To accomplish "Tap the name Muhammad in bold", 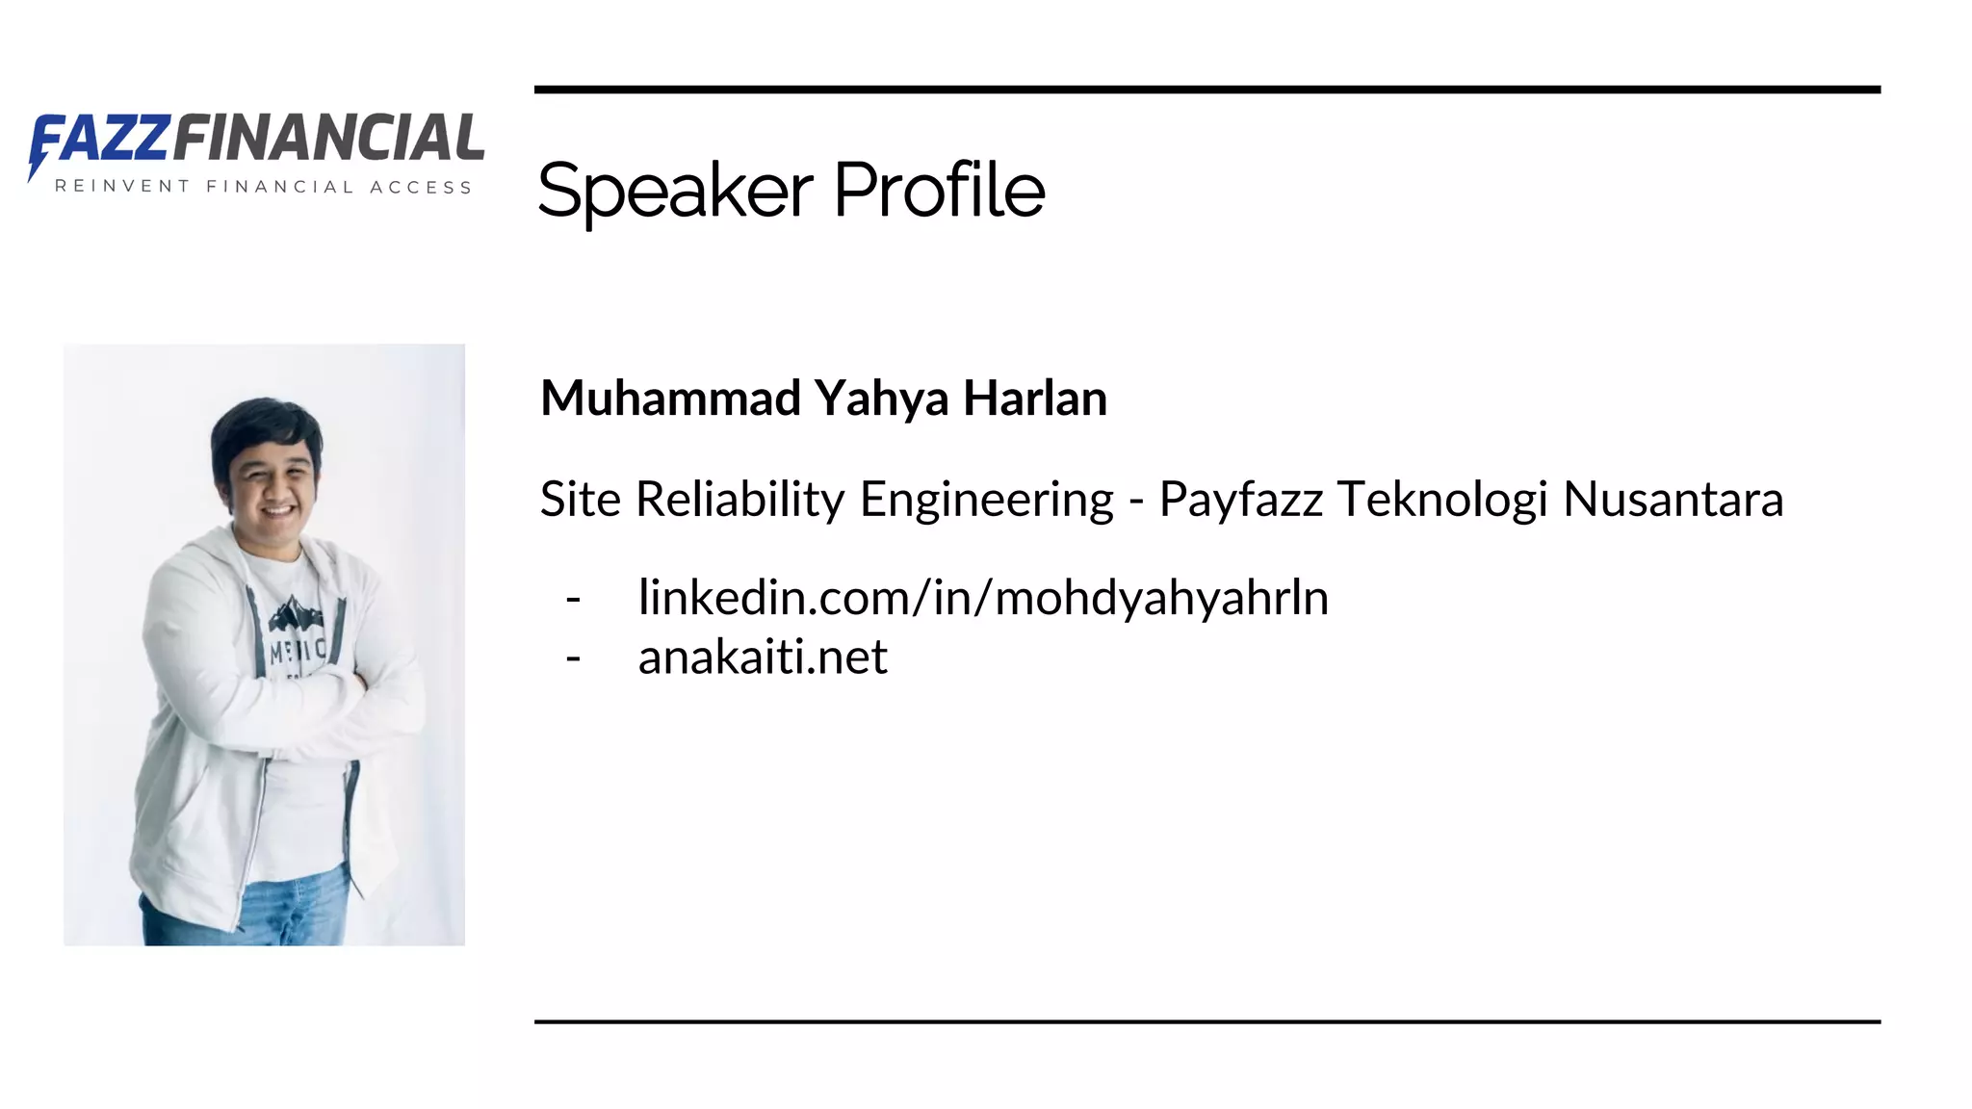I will [x=670, y=399].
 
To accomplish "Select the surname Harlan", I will [x=1035, y=399].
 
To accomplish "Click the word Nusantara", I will [x=1673, y=500].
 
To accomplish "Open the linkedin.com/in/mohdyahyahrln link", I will [x=983, y=598].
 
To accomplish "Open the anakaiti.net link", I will [x=763, y=658].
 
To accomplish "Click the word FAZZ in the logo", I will [x=101, y=138].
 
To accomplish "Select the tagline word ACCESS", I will [x=421, y=187].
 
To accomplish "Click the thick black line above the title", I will [x=1207, y=90].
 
